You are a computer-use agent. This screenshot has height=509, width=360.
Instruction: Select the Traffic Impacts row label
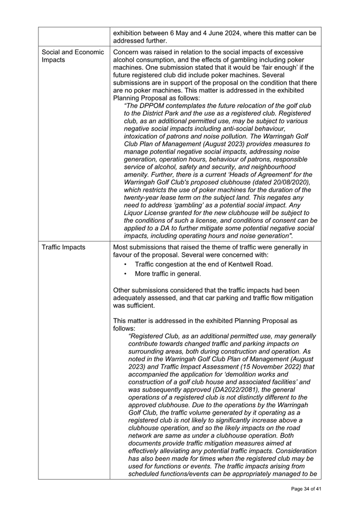tap(65, 248)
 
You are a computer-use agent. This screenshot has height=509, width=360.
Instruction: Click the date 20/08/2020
tap(290, 182)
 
